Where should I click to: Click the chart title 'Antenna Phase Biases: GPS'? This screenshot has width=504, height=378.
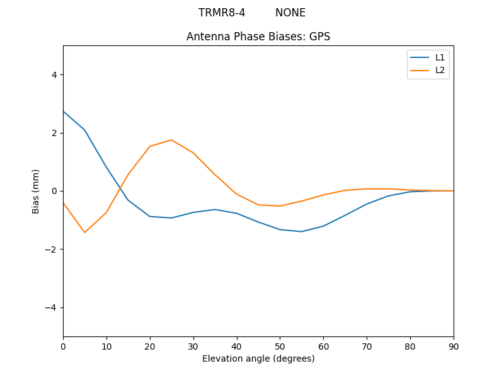point(258,37)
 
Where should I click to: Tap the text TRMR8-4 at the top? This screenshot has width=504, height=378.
point(222,13)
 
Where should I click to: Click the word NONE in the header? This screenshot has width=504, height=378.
point(290,13)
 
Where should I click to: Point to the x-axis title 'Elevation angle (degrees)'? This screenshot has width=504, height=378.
point(258,358)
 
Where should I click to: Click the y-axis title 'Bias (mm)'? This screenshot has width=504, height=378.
point(36,191)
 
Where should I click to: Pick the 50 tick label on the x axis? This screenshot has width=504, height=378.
point(280,346)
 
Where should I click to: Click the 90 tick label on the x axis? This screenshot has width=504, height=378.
point(454,346)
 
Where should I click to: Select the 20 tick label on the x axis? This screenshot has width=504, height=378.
point(150,346)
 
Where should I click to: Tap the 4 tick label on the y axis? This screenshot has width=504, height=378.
point(54,75)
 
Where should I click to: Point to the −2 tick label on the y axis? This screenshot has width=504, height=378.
point(52,249)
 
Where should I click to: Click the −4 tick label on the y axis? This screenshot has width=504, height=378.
point(52,307)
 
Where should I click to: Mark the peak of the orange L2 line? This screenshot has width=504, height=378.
point(171,140)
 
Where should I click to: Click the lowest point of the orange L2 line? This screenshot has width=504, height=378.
point(84,232)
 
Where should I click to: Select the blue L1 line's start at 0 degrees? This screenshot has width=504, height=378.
point(64,112)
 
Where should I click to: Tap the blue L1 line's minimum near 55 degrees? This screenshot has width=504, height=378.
point(302,232)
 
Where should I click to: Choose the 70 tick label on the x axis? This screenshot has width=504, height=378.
point(367,346)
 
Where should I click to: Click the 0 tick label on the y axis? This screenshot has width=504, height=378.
point(54,191)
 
